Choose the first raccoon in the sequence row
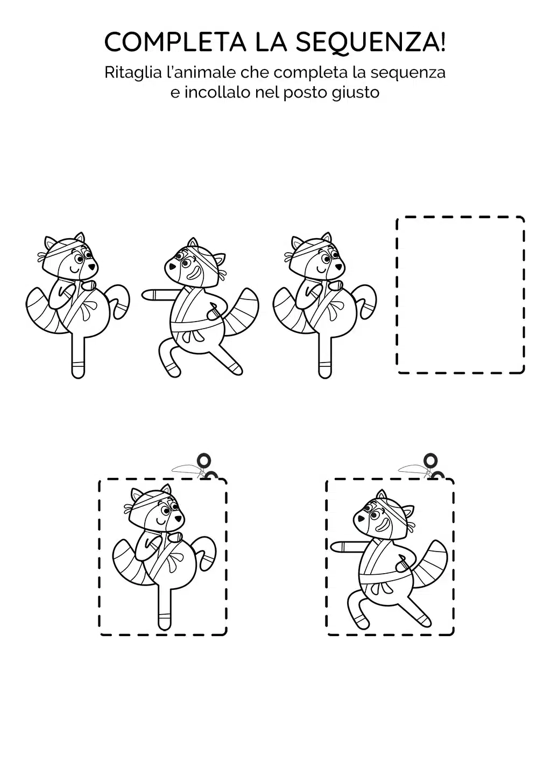(x=77, y=305)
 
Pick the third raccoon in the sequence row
(x=324, y=305)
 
